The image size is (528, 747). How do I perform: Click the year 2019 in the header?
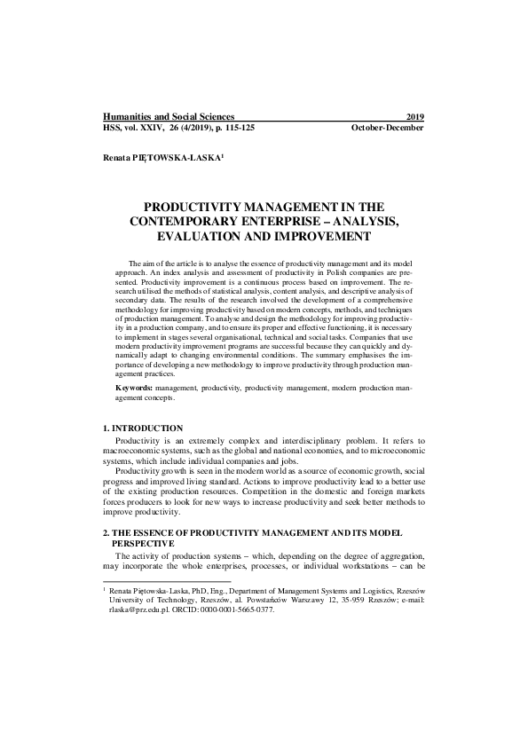[x=414, y=117]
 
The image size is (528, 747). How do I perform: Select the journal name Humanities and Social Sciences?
[x=169, y=117]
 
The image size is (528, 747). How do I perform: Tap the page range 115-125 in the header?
[x=232, y=128]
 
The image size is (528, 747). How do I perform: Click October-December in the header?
[x=388, y=128]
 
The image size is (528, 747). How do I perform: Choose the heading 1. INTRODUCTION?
[x=144, y=429]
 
